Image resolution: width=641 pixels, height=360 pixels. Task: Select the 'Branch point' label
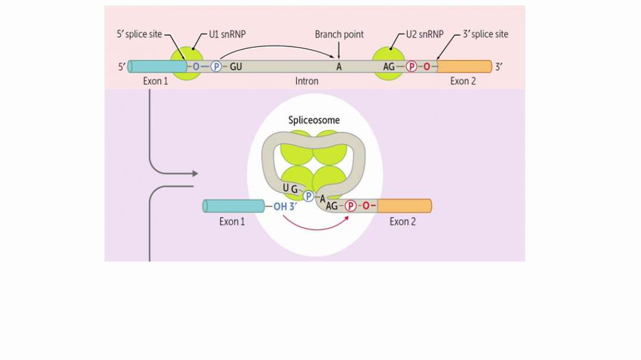point(339,35)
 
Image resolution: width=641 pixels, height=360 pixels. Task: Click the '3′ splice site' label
point(486,35)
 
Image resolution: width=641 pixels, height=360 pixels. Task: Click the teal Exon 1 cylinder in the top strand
point(150,66)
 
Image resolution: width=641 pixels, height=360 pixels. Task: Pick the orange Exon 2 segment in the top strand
point(465,66)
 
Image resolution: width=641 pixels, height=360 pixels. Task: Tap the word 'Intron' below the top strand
point(307,81)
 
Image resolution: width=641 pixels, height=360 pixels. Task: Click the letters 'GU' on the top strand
point(235,66)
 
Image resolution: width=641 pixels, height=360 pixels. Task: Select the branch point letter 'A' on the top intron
point(339,66)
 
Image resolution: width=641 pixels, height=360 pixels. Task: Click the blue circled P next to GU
point(216,66)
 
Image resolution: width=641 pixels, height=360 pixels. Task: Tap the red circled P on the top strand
point(411,66)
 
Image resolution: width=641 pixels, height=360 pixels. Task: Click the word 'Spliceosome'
point(314,120)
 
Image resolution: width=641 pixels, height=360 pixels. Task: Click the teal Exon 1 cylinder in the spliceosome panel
point(233,206)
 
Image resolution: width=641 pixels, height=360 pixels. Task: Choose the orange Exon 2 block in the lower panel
point(404,206)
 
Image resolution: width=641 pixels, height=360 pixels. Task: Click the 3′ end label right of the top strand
point(499,66)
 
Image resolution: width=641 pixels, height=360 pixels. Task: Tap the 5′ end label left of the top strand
point(122,66)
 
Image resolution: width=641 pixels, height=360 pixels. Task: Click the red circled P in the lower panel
point(351,206)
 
